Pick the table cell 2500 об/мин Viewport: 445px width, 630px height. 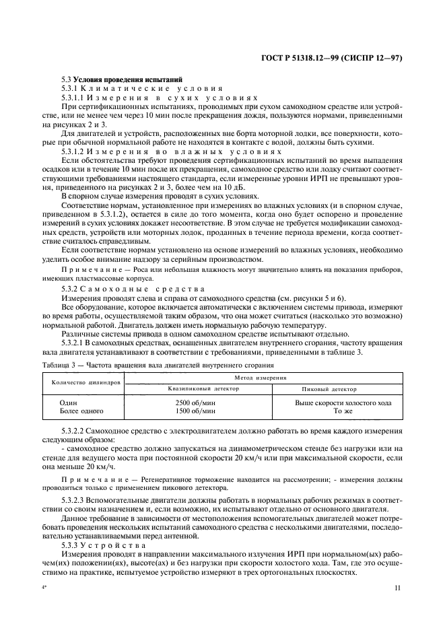pyautogui.click(x=191, y=402)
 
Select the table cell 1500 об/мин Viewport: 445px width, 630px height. pyautogui.click(x=191, y=410)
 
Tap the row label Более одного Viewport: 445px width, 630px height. pyautogui.click(x=81, y=410)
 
